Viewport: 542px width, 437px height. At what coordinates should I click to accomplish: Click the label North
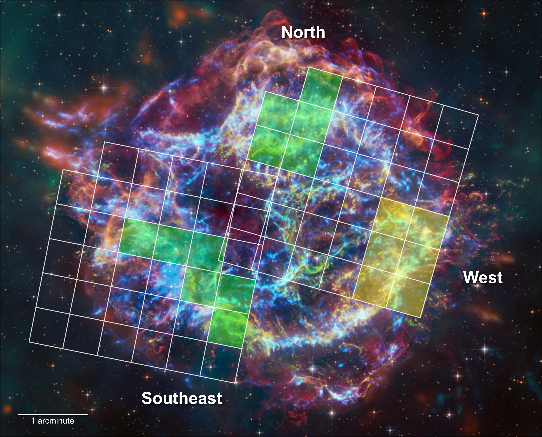coord(303,32)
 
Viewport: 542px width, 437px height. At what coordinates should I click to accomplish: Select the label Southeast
coord(182,398)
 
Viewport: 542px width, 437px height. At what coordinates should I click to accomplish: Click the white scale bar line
coord(53,414)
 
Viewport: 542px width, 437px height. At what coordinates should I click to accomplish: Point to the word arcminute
coord(56,421)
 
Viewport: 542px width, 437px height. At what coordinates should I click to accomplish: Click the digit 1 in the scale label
coord(33,421)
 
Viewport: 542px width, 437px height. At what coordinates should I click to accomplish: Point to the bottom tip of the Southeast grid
coord(235,383)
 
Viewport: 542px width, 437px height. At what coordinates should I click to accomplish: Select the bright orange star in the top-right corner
coord(484,13)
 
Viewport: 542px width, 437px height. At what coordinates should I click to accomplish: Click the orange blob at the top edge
coord(180,15)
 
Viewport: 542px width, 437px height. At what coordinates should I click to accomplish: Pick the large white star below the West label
coord(485,349)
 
